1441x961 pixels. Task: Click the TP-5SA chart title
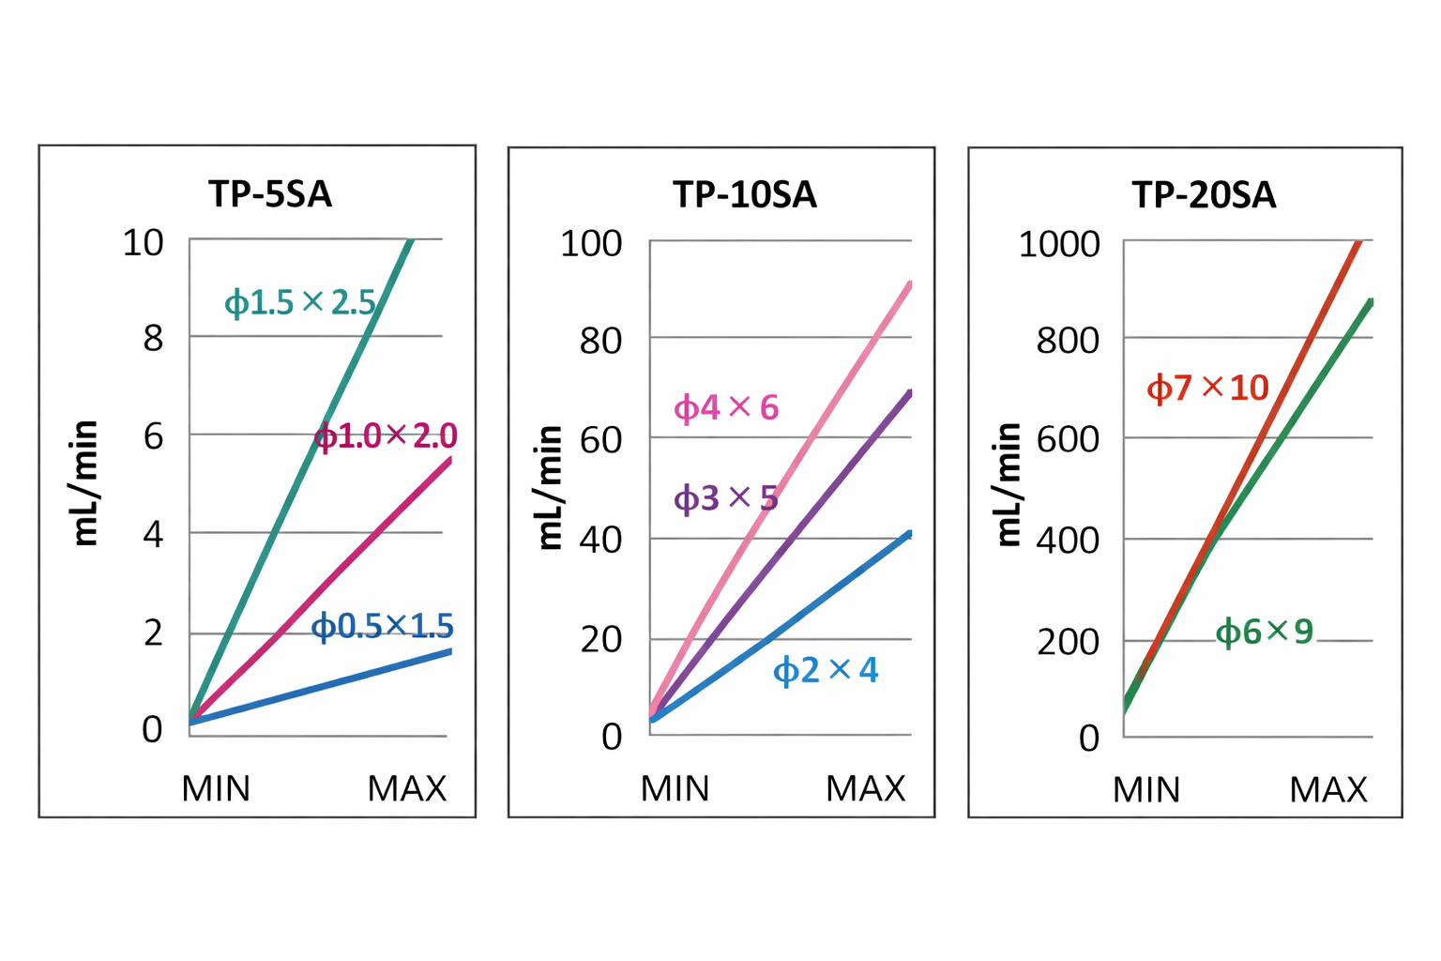270,194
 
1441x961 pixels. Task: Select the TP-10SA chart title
745,195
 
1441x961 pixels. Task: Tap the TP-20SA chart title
1204,195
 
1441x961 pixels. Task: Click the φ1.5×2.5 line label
300,303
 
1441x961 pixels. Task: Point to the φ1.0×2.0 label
386,436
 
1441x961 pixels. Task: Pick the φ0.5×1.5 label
383,626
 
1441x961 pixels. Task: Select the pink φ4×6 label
726,408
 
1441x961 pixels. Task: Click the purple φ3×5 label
726,498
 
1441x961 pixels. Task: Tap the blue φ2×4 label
826,671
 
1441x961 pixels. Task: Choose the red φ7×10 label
1207,388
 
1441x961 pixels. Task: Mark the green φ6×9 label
1264,633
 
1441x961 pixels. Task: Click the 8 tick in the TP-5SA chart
153,338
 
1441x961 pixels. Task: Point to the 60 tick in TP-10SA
600,439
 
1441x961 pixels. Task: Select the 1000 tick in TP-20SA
1059,245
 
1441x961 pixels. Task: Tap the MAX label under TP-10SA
865,789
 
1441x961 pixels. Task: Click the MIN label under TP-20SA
1145,790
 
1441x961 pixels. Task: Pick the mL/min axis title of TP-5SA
85,483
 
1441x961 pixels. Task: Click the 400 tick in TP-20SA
1068,542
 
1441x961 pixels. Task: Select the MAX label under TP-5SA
406,789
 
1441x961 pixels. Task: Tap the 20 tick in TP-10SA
601,640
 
